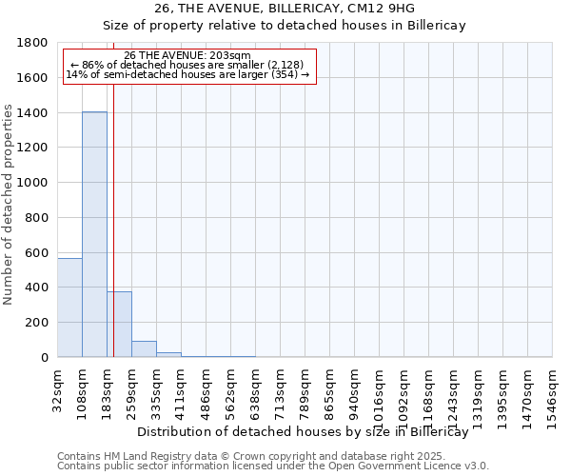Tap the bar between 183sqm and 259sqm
119,324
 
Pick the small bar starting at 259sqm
144,348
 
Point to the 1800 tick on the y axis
34,43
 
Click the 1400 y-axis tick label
34,113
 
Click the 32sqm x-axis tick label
58,388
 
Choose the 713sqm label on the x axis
281,388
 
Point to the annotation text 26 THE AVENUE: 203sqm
187,55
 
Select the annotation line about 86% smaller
187,65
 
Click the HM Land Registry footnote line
272,456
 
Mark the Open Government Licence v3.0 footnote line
272,466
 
